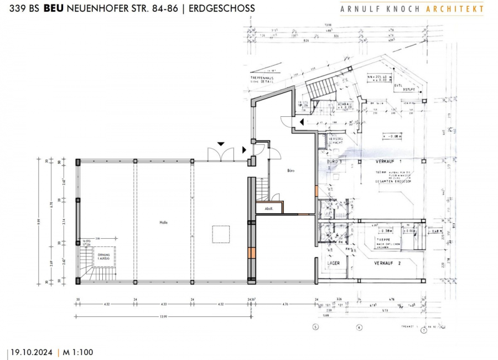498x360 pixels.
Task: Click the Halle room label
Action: pos(163,223)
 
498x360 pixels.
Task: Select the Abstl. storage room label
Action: pos(269,209)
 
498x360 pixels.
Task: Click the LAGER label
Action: pos(333,263)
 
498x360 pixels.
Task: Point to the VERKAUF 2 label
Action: pos(387,263)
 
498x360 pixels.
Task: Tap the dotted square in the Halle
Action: pos(221,234)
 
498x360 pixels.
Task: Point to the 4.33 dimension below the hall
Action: pos(164,305)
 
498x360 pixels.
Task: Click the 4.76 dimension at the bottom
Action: pos(286,305)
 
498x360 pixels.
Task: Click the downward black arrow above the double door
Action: pos(221,143)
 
